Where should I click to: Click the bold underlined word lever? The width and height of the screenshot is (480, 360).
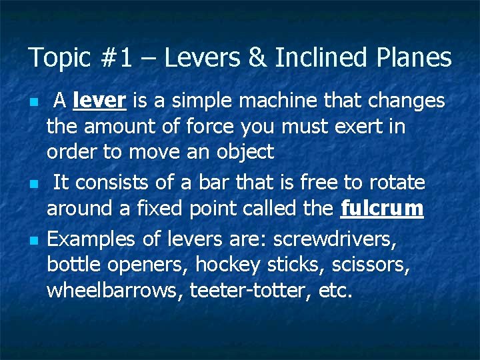(99, 101)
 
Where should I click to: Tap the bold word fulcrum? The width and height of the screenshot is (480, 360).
(381, 209)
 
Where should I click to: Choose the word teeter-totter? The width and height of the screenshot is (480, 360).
(249, 291)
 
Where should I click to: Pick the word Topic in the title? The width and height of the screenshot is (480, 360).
(58, 59)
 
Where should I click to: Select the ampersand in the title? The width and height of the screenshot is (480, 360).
(256, 59)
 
